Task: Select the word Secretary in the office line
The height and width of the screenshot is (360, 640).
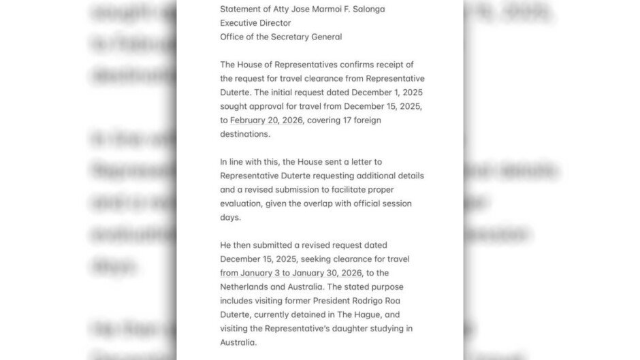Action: coord(295,37)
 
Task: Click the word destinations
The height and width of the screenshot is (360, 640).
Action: coord(245,134)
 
